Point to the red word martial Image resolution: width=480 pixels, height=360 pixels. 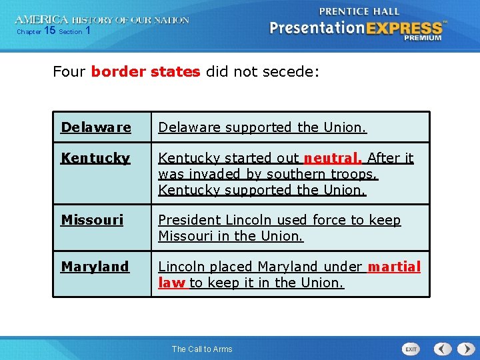pos(394,267)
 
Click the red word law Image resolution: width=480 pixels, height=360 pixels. pos(171,283)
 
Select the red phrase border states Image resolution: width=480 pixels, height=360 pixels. pos(145,71)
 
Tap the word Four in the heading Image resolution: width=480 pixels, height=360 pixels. pos(69,71)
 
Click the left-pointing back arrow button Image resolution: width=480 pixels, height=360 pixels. pos(443,349)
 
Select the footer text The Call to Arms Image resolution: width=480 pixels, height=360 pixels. pos(202,349)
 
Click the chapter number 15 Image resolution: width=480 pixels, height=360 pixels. pos(49,31)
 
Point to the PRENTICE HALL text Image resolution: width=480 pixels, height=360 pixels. pos(359,11)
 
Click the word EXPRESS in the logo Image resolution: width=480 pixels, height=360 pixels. pos(403,28)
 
